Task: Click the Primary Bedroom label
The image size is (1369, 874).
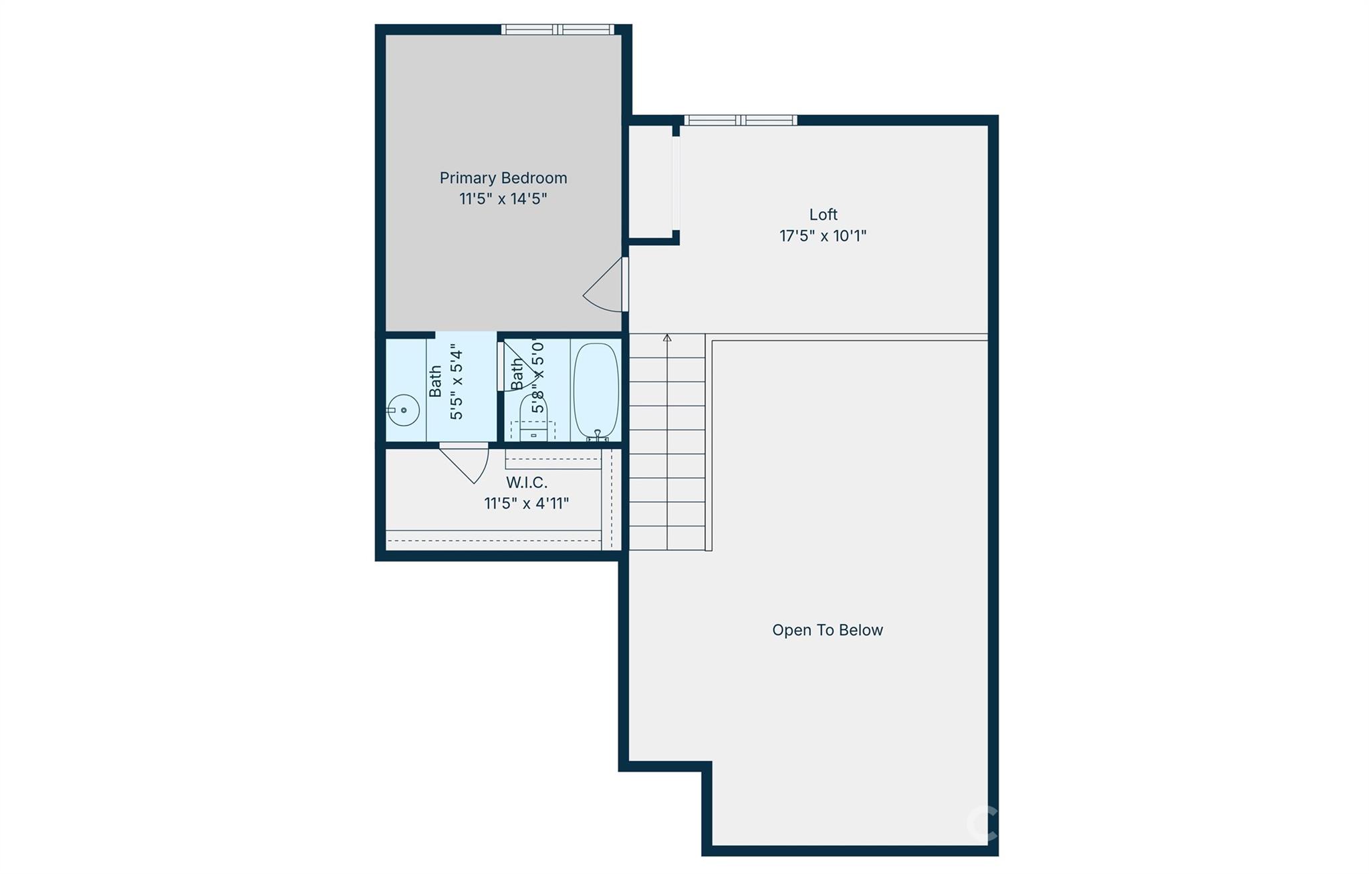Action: pyautogui.click(x=503, y=178)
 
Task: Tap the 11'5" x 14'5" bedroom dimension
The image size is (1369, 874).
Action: pyautogui.click(x=503, y=198)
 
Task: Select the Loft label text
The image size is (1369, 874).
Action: pyautogui.click(x=823, y=214)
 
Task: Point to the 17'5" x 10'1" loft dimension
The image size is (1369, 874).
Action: pyautogui.click(x=823, y=236)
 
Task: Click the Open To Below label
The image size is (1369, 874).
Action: pyautogui.click(x=827, y=630)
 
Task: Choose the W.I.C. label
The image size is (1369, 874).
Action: pyautogui.click(x=527, y=482)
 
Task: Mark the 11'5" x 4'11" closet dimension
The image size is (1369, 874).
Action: pyautogui.click(x=527, y=503)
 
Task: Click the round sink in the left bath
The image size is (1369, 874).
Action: pyautogui.click(x=404, y=410)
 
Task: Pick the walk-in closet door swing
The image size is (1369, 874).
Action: pyautogui.click(x=468, y=462)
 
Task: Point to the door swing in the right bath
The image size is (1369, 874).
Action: pyautogui.click(x=520, y=364)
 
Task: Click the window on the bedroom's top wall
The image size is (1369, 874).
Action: pyautogui.click(x=557, y=29)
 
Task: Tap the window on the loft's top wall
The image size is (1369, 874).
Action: pyautogui.click(x=740, y=120)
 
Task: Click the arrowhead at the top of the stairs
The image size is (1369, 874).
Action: pyautogui.click(x=667, y=337)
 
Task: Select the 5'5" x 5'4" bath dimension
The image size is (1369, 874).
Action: pyautogui.click(x=457, y=382)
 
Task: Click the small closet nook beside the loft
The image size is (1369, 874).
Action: pyautogui.click(x=650, y=180)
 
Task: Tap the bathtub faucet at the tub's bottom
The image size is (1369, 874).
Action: pyautogui.click(x=597, y=436)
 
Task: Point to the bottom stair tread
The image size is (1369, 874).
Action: pyautogui.click(x=667, y=538)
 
